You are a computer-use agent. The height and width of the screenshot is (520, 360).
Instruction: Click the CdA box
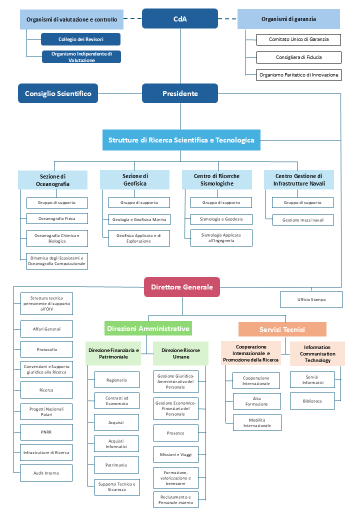(x=180, y=18)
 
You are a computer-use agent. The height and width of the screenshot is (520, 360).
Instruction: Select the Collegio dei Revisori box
(x=80, y=39)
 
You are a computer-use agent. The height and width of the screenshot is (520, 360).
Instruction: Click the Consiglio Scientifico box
(x=58, y=93)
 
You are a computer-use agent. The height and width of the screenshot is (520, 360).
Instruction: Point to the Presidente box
(x=180, y=93)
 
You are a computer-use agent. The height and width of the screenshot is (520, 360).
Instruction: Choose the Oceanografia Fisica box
(x=57, y=218)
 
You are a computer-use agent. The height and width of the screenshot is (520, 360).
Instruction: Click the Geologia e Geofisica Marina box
(x=139, y=219)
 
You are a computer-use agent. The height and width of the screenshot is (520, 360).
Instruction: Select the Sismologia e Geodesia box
(x=221, y=219)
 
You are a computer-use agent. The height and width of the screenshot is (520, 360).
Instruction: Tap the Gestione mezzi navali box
(x=303, y=219)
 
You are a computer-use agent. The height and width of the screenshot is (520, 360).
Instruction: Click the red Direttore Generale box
(x=182, y=287)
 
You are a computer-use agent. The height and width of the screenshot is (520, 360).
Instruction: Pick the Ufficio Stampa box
(x=311, y=299)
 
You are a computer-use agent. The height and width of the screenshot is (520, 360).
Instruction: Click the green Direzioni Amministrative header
(x=148, y=328)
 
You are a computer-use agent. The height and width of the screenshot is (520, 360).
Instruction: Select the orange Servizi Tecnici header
(x=282, y=329)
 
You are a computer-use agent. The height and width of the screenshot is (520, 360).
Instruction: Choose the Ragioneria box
(x=116, y=380)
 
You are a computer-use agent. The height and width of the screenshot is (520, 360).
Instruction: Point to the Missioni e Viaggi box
(x=175, y=454)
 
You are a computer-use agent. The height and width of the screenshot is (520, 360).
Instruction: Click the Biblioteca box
(x=312, y=401)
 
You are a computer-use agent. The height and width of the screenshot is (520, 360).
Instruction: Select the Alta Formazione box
(x=256, y=401)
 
